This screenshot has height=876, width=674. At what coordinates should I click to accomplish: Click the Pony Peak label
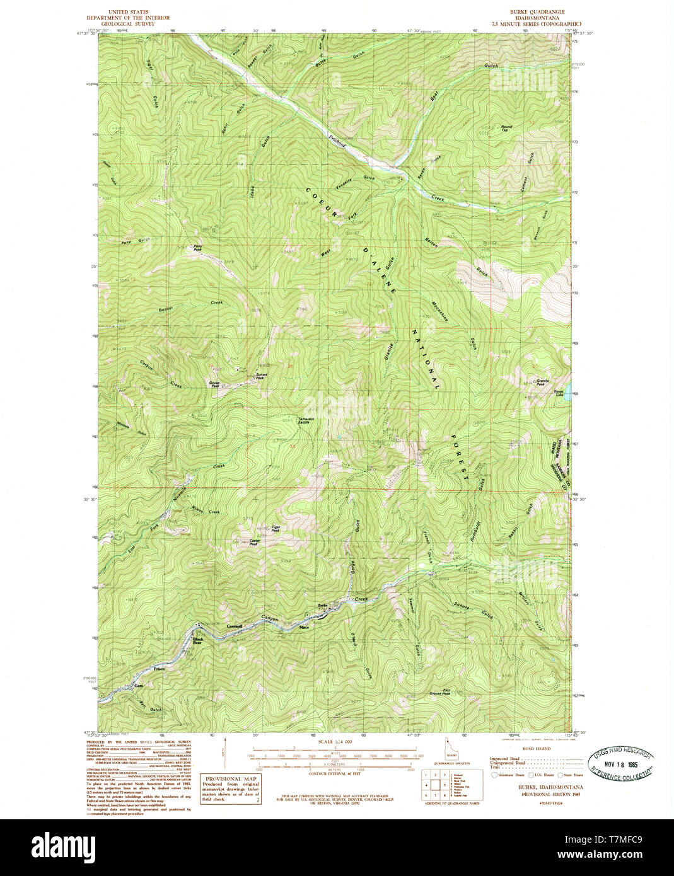click(x=197, y=248)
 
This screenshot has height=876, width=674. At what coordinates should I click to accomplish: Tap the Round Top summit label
click(x=506, y=128)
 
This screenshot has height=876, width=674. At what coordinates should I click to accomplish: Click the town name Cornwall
click(x=235, y=626)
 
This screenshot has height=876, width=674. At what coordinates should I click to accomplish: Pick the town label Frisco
click(x=158, y=668)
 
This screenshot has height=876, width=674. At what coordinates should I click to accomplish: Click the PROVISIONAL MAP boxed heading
click(x=230, y=779)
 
